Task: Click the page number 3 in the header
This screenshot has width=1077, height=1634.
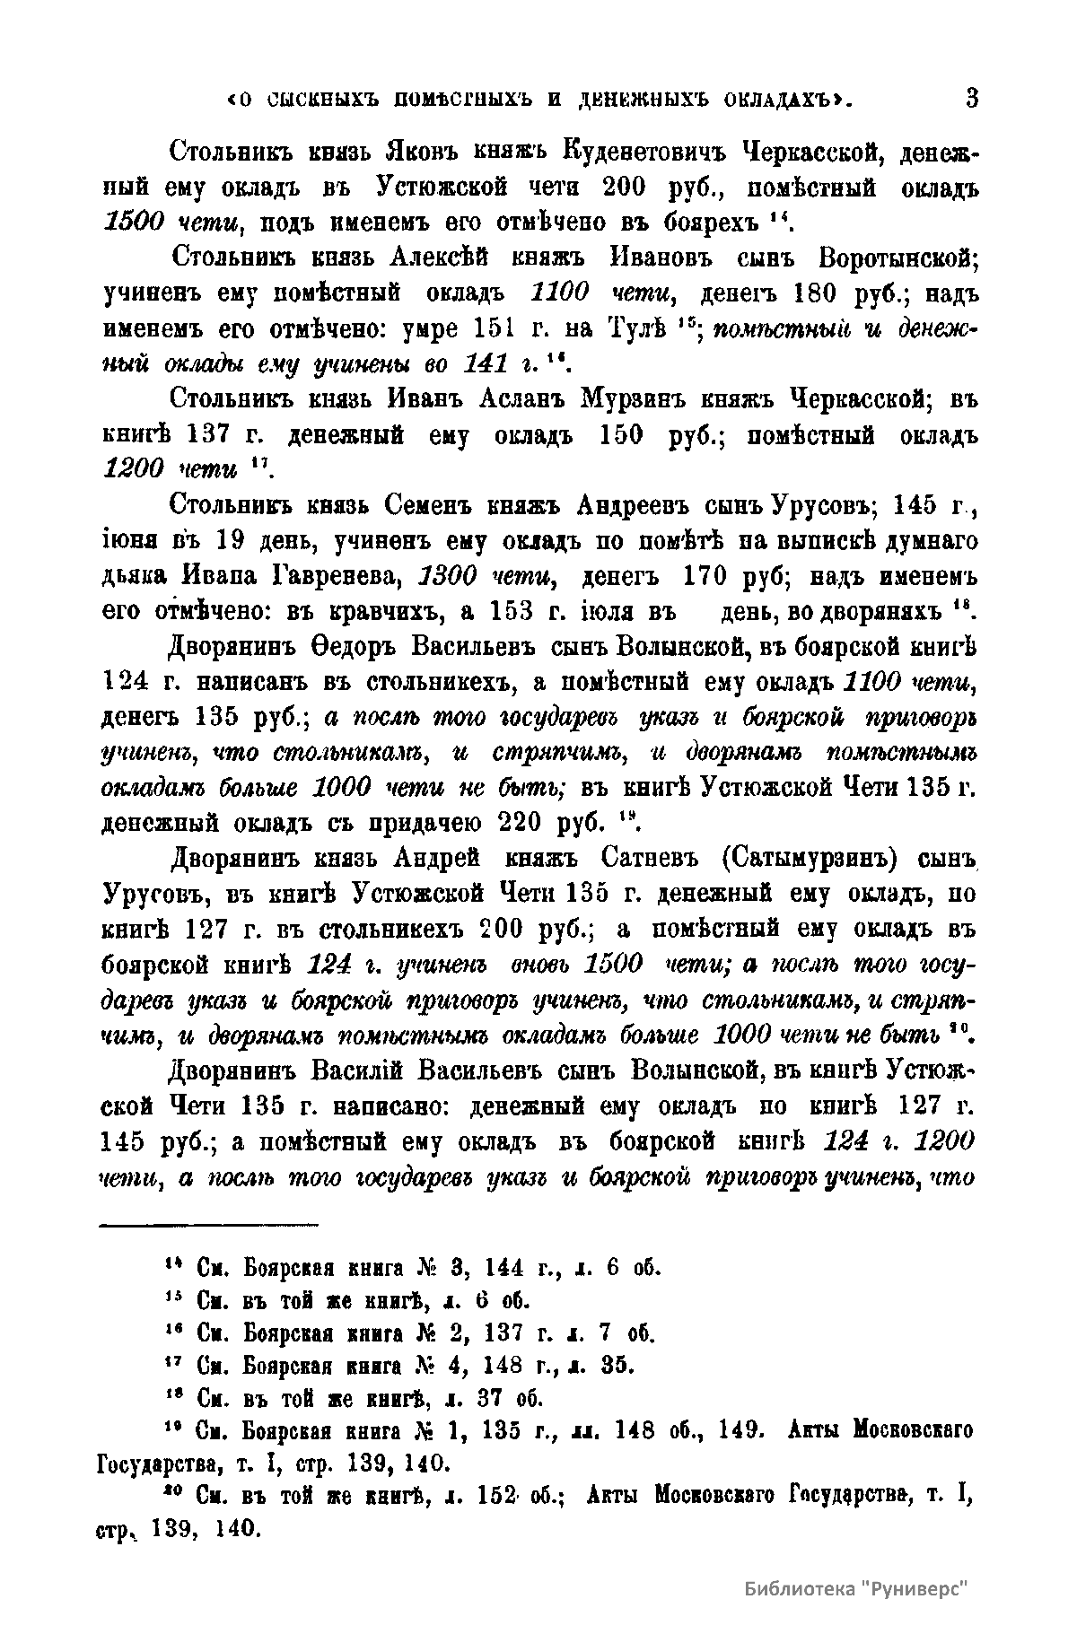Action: tap(971, 97)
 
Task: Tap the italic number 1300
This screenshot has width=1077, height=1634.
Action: tap(452, 574)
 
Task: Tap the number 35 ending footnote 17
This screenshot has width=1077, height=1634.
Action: tap(617, 1366)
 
